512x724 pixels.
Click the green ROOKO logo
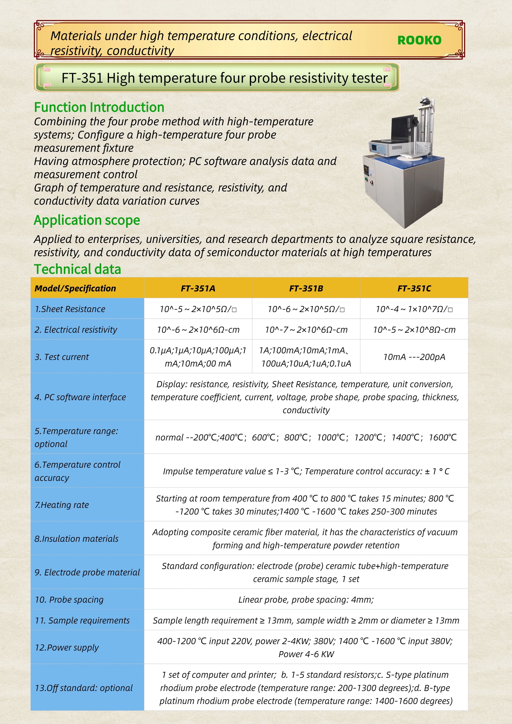tap(419, 40)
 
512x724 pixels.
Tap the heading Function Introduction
tap(99, 107)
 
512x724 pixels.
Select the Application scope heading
tap(87, 220)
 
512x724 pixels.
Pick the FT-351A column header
tap(198, 288)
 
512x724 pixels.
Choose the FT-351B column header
tap(306, 288)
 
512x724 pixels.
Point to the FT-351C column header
tap(414, 288)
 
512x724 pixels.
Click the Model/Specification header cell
tap(75, 288)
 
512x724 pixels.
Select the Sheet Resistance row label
tap(70, 309)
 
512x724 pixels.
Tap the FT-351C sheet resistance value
tap(414, 309)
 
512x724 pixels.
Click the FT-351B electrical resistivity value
tap(306, 330)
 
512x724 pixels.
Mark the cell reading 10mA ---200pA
tap(414, 357)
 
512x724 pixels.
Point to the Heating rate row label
tap(62, 505)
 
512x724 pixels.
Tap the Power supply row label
tap(66, 647)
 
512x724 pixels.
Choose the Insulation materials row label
tap(76, 539)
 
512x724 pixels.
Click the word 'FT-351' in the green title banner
tap(82, 78)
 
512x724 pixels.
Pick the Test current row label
tap(62, 357)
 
